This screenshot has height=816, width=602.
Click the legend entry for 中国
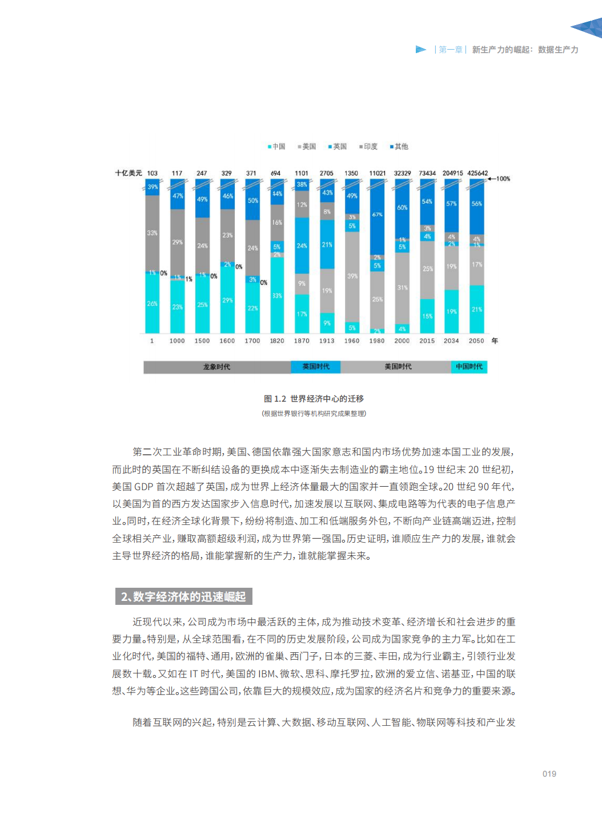click(x=276, y=147)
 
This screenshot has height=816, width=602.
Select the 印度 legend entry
click(x=368, y=147)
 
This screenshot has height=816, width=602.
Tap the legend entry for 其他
click(x=399, y=147)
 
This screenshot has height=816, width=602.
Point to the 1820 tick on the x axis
click(x=277, y=341)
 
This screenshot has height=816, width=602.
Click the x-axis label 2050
click(x=476, y=341)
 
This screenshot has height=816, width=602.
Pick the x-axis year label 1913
click(x=327, y=341)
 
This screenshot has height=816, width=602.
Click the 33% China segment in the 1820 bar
click(x=277, y=296)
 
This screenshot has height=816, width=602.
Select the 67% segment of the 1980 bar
click(x=377, y=215)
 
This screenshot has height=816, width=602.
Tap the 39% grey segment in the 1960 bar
click(x=352, y=276)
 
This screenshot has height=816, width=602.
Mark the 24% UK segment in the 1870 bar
click(x=302, y=246)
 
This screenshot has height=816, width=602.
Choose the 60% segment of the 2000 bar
click(x=402, y=208)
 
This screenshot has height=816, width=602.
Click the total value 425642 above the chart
click(x=477, y=173)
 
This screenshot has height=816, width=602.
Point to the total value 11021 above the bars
click(x=377, y=173)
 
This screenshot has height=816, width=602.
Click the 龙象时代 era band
click(x=217, y=367)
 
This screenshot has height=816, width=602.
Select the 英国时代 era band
click(x=316, y=367)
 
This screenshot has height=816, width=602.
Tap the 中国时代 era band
click(x=469, y=367)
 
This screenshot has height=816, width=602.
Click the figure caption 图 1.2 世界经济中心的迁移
click(x=314, y=399)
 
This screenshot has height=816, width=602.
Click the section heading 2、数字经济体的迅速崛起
click(x=183, y=597)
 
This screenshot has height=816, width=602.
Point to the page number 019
click(x=549, y=774)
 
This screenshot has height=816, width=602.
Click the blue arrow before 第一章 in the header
click(x=421, y=50)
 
